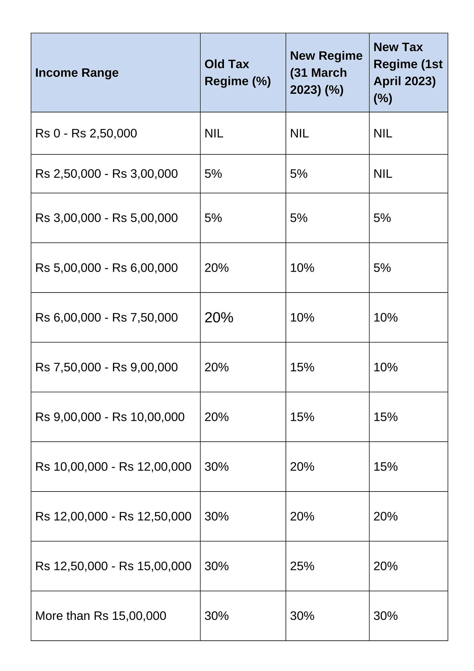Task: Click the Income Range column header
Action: [77, 73]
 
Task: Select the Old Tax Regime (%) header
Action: [238, 73]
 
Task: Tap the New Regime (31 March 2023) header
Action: [326, 73]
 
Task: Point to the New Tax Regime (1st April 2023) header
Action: [408, 73]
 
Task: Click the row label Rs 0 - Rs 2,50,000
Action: [86, 134]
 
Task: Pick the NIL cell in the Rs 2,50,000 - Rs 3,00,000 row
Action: [383, 174]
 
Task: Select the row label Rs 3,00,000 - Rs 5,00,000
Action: [106, 218]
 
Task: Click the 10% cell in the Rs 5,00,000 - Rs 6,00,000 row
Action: [302, 268]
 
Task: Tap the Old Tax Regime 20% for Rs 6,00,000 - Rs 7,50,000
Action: [219, 318]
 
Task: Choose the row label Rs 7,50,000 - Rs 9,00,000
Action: [106, 367]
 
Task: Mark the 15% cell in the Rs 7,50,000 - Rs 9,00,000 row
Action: [302, 367]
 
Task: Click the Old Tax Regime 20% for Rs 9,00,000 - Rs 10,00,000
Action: [216, 417]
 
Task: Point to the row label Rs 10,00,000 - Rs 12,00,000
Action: [113, 467]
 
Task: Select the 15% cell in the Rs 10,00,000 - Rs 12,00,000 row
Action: [385, 467]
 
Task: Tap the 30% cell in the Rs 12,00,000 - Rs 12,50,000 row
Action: [216, 517]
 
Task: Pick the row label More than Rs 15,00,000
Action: [101, 616]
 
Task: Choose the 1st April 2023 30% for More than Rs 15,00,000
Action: [385, 616]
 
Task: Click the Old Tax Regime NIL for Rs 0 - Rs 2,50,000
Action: [214, 134]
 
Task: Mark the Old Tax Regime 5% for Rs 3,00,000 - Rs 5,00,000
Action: [213, 218]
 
